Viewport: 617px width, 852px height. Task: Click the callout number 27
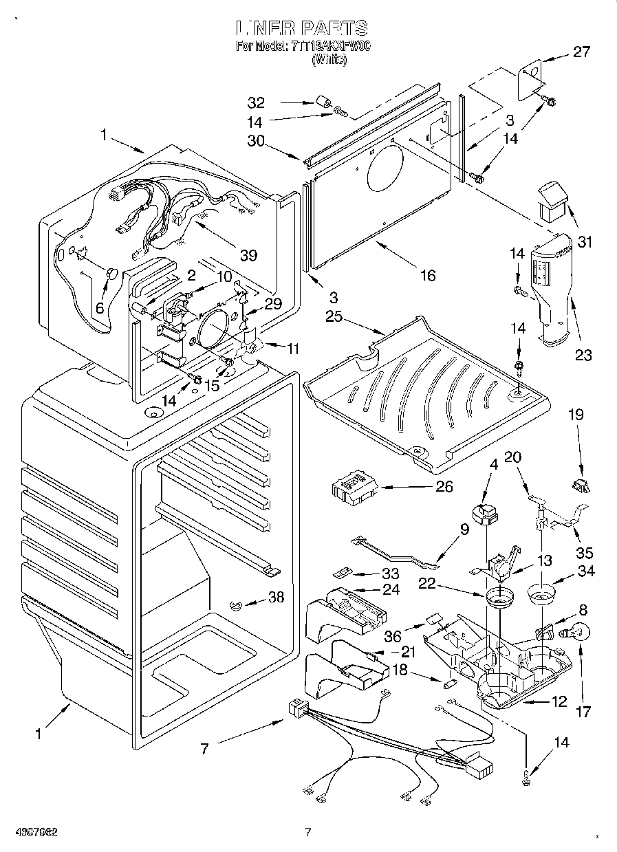point(581,52)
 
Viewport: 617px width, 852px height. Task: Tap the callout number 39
point(248,256)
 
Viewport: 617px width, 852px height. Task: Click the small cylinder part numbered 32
point(322,104)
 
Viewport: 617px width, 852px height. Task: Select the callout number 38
point(276,598)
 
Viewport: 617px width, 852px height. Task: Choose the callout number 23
point(583,356)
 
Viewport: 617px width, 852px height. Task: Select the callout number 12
point(559,701)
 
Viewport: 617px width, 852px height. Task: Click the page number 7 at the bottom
point(307,833)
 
